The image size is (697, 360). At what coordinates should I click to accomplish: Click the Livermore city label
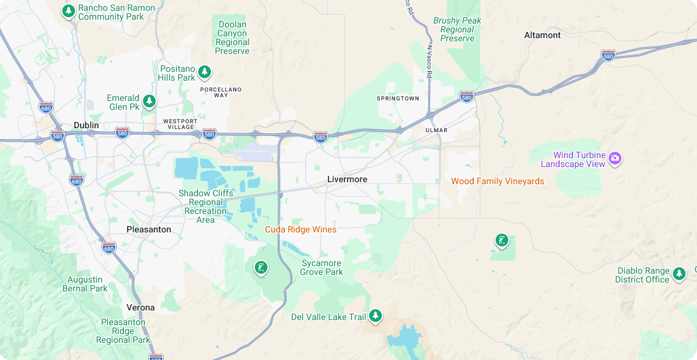(347, 179)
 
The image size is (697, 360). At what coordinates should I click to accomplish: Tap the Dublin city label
(86, 125)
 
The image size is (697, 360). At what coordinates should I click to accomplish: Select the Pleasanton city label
(149, 229)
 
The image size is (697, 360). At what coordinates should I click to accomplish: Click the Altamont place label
(542, 35)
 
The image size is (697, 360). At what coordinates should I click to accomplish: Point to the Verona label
(140, 307)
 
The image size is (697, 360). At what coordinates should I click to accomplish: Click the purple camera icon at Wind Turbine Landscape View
(614, 158)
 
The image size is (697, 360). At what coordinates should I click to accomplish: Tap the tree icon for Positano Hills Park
(204, 72)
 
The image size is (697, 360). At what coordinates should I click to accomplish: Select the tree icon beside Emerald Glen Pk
(149, 101)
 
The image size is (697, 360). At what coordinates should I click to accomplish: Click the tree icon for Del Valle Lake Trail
(376, 316)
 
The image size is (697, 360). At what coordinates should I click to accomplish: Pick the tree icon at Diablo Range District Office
(679, 274)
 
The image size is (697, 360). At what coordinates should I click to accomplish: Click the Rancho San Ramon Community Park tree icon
(69, 11)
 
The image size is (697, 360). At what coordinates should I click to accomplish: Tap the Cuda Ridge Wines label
(301, 229)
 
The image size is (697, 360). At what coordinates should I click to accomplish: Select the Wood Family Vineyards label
(497, 181)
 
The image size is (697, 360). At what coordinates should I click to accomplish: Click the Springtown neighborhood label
(398, 98)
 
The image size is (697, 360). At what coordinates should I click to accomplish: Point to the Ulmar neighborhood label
(436, 130)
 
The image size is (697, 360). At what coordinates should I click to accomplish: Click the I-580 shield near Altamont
(608, 55)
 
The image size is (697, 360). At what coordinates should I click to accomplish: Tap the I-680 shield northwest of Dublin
(45, 107)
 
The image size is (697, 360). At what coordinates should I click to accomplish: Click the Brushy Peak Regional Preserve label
(457, 29)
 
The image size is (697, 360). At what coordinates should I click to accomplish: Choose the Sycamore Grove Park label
(322, 267)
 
